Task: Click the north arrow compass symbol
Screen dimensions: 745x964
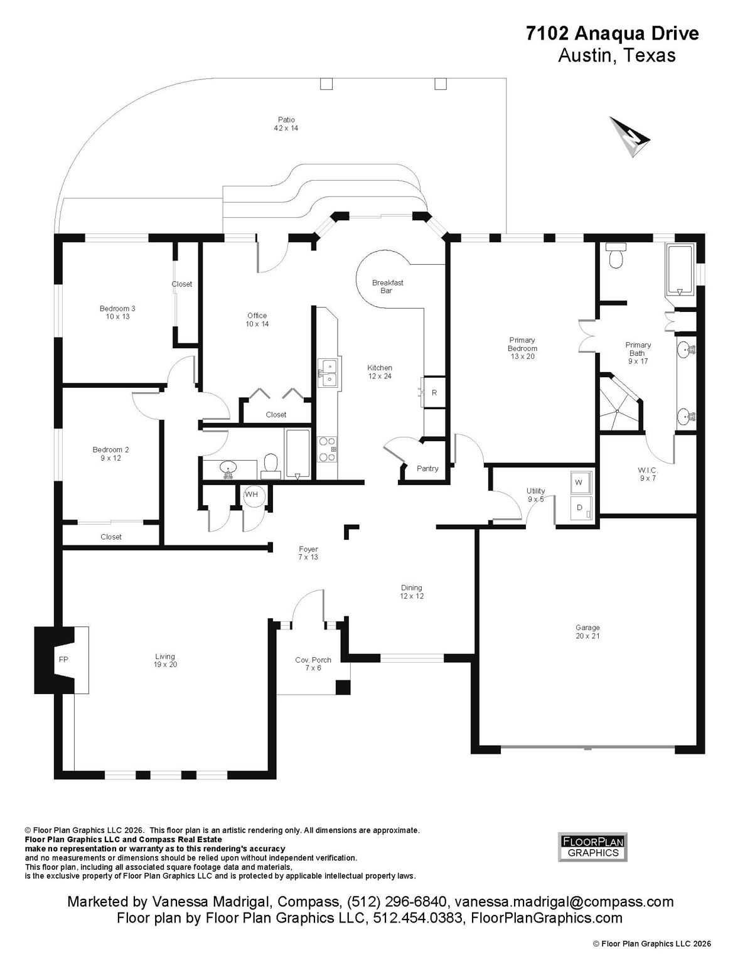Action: point(630,137)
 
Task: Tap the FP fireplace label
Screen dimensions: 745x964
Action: point(63,660)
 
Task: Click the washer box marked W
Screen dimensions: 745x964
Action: point(581,482)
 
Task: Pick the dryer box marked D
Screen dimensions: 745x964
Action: point(581,508)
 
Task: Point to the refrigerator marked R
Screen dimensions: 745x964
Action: point(434,392)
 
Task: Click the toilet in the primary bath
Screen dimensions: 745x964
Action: point(615,256)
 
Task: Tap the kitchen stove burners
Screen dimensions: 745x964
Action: point(327,449)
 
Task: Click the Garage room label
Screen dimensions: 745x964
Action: point(587,632)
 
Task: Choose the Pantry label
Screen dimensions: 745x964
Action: point(427,468)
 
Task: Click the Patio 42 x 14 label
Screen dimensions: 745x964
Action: point(286,124)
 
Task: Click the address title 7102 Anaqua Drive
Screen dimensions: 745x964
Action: point(613,34)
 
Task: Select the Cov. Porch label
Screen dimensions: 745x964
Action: point(313,663)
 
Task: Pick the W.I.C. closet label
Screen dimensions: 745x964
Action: point(648,474)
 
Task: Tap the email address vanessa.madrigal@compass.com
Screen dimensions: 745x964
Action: point(564,902)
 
